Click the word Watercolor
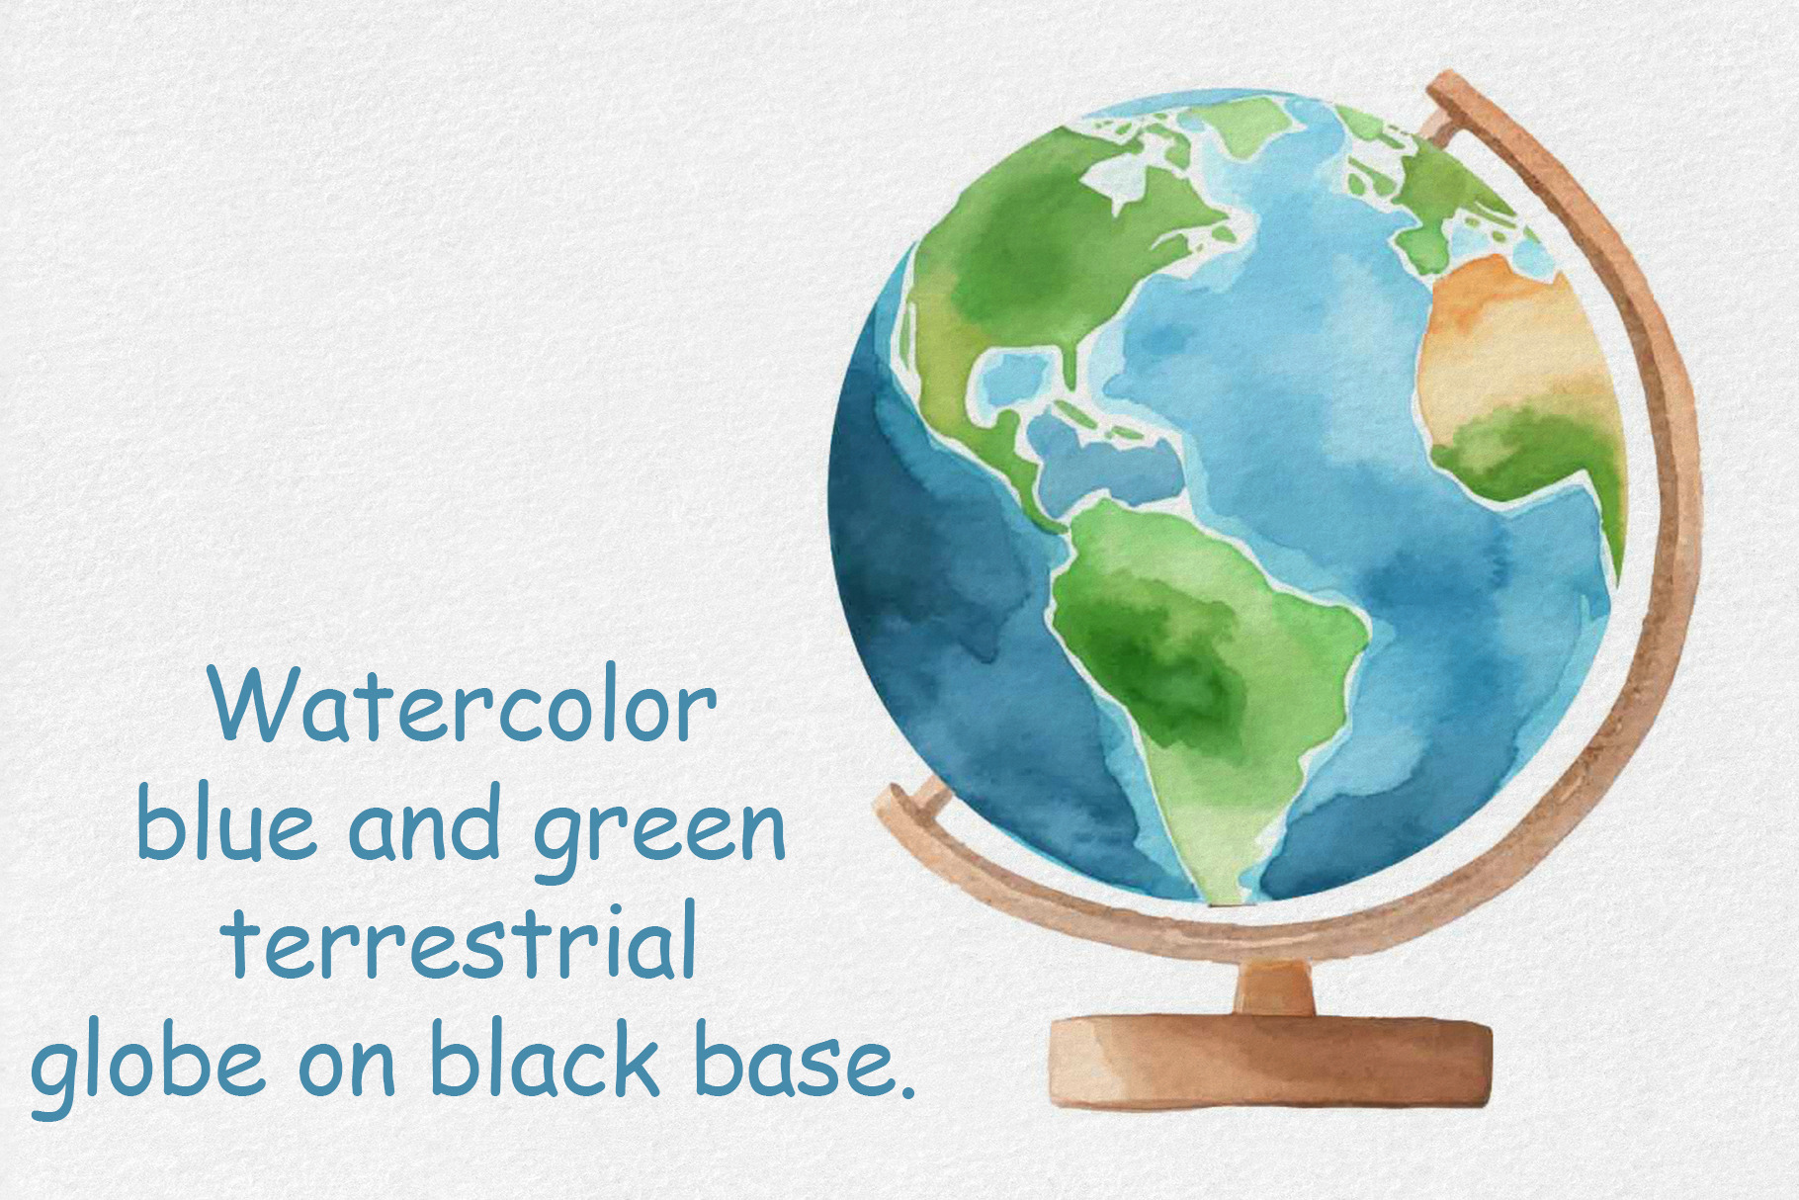[x=463, y=704]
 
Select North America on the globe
[x=1038, y=267]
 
